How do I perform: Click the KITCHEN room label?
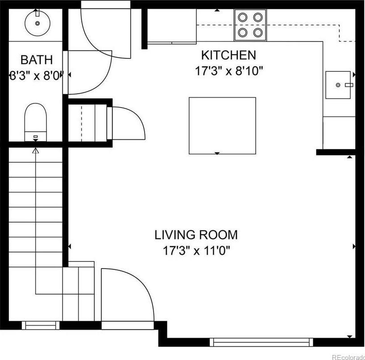(x=228, y=55)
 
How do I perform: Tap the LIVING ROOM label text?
(x=196, y=235)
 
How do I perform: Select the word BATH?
(x=37, y=60)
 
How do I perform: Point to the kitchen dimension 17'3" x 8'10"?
(x=229, y=71)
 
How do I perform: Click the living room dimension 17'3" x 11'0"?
(x=196, y=251)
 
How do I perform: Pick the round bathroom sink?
(x=37, y=23)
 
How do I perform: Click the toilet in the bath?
(x=36, y=122)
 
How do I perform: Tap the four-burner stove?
(x=250, y=25)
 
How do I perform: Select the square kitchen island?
(x=222, y=126)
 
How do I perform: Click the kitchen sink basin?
(x=338, y=85)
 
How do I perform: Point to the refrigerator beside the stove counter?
(x=172, y=26)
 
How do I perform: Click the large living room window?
(x=261, y=342)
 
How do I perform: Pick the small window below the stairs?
(x=41, y=325)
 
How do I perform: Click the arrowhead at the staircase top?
(x=36, y=151)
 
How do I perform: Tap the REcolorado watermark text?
(x=348, y=357)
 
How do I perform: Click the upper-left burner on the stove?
(x=243, y=17)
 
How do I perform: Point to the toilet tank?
(x=36, y=137)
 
